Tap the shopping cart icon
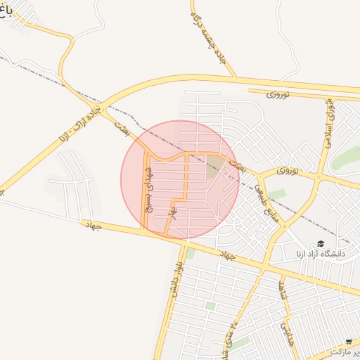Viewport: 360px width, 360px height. point(349,342)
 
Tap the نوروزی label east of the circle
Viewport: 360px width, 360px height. point(288,171)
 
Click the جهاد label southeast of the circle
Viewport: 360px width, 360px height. point(226,255)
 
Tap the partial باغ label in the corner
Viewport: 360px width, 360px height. point(6,13)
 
